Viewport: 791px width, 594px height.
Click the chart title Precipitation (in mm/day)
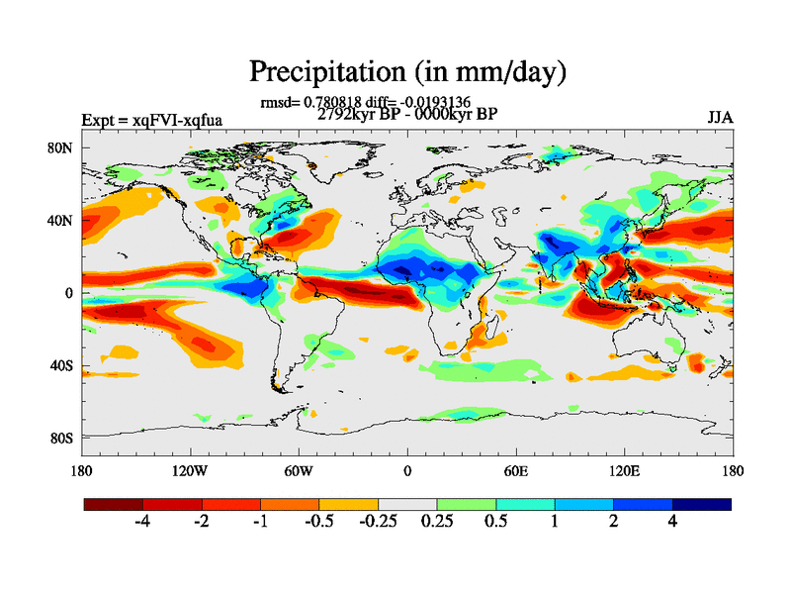406,72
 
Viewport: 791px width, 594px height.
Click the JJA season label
720,118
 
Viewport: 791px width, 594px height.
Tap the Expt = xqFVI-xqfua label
151,121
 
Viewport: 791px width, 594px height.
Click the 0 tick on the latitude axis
69,293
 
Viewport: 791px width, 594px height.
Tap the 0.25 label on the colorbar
437,521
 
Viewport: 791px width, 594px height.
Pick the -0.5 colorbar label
318,521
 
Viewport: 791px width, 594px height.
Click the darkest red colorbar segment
113,504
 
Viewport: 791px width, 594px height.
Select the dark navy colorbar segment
702,504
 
